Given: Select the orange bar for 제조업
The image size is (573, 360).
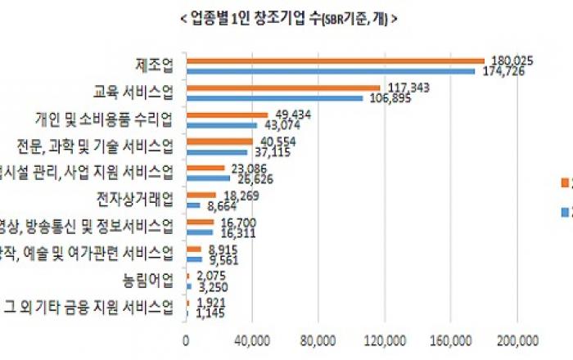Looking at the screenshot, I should coord(336,61).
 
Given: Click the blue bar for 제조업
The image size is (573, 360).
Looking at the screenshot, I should coord(331,71).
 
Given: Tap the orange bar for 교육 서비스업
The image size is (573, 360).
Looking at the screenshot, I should coord(283,88).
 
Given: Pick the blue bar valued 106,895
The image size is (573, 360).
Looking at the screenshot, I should coord(274,98).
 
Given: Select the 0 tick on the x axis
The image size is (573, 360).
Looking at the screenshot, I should coord(187,340).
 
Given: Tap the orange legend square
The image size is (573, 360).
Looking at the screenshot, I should coord(563,182).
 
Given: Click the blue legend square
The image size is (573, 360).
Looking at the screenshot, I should coord(563,213).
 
